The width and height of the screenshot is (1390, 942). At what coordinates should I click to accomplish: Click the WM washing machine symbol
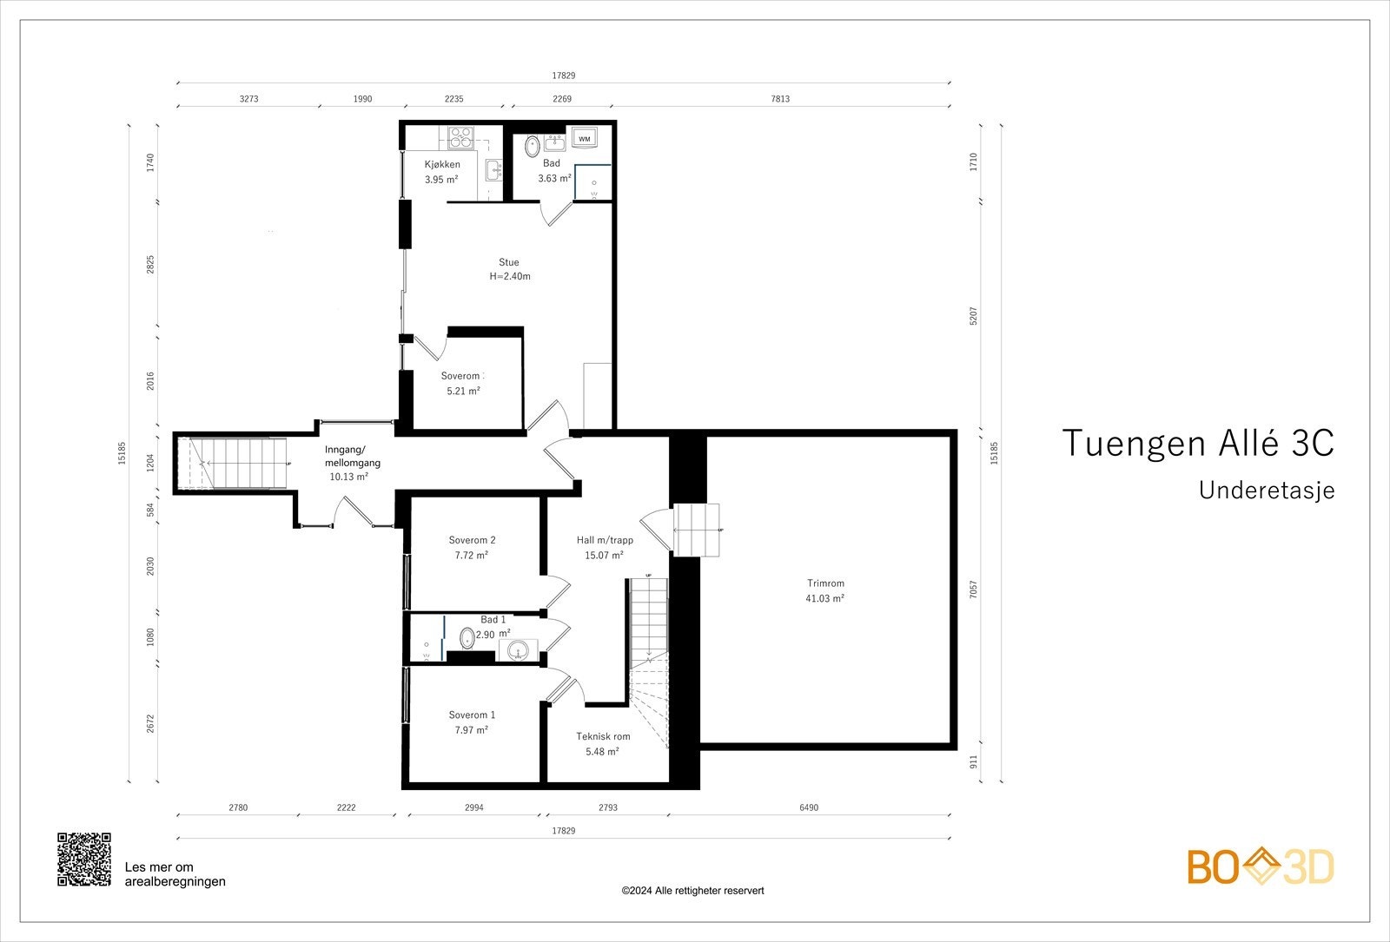click(x=585, y=138)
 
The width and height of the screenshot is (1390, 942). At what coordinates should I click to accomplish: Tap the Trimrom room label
click(x=825, y=583)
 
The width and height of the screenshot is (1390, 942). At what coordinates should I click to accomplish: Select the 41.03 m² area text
click(x=824, y=598)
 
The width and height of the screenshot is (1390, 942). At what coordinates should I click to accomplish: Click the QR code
click(x=84, y=860)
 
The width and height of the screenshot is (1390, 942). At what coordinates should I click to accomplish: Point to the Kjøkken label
click(x=442, y=164)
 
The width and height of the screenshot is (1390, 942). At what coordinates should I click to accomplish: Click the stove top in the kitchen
click(x=460, y=138)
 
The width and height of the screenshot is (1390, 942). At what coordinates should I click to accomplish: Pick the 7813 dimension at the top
click(x=780, y=99)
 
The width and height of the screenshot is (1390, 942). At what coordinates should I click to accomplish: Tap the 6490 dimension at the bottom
click(x=809, y=807)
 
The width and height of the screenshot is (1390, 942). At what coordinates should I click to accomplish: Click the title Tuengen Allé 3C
click(x=1198, y=444)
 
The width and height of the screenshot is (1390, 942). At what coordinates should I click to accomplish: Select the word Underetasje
click(x=1267, y=490)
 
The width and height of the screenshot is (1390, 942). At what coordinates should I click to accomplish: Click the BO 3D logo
click(x=1261, y=866)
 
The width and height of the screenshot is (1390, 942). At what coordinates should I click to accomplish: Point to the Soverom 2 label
click(x=473, y=540)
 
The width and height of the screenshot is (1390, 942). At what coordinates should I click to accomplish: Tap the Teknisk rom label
click(x=603, y=736)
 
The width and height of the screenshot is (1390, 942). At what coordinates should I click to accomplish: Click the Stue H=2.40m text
click(x=509, y=269)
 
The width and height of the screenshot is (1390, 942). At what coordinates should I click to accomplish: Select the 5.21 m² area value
click(x=464, y=392)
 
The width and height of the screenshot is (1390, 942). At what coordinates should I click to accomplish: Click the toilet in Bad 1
click(x=467, y=637)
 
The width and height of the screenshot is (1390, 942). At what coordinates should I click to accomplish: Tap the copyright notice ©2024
click(x=692, y=891)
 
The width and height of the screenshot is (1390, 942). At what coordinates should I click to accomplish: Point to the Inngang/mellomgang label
click(x=353, y=456)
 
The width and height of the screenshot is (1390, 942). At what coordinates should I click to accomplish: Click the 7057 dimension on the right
click(x=973, y=590)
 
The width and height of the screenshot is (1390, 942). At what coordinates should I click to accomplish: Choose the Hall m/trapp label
click(x=605, y=540)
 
